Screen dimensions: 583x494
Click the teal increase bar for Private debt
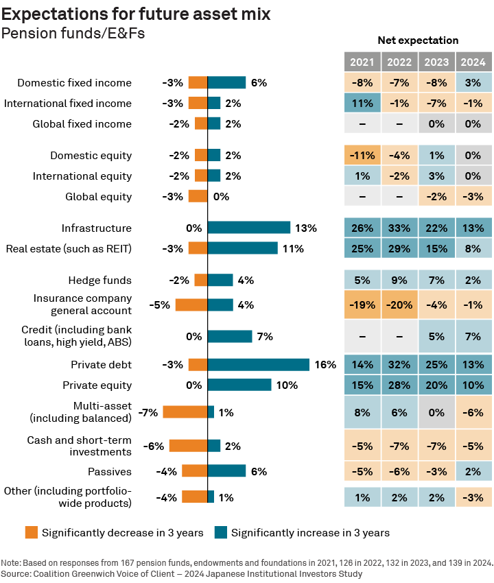pyautogui.click(x=259, y=365)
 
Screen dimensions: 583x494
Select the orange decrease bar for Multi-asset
pyautogui.click(x=185, y=412)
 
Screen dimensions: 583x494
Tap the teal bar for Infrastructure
pyautogui.click(x=249, y=228)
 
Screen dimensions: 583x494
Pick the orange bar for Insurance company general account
pyautogui.click(x=191, y=305)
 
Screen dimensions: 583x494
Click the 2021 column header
pyautogui.click(x=362, y=62)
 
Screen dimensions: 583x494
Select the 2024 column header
pyautogui.click(x=473, y=62)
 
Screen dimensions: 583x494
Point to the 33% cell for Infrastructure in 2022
pyautogui.click(x=399, y=228)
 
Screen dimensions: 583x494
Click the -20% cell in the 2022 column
pyautogui.click(x=399, y=305)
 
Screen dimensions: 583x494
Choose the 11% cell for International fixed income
pyautogui.click(x=362, y=104)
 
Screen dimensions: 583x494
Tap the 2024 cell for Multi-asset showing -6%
pyautogui.click(x=473, y=412)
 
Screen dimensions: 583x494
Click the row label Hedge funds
pyautogui.click(x=99, y=280)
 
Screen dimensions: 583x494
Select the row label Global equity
pyautogui.click(x=98, y=197)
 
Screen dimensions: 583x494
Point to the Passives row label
pyautogui.click(x=109, y=471)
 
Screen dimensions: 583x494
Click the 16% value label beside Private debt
pyautogui.click(x=325, y=365)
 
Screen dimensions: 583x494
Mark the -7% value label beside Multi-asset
pyautogui.click(x=148, y=412)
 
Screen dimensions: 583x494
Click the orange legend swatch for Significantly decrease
pyautogui.click(x=31, y=532)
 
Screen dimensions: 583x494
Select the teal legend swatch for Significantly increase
pyautogui.click(x=221, y=532)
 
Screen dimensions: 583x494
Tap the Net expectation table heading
pyautogui.click(x=418, y=40)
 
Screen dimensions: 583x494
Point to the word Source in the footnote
pyautogui.click(x=15, y=573)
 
